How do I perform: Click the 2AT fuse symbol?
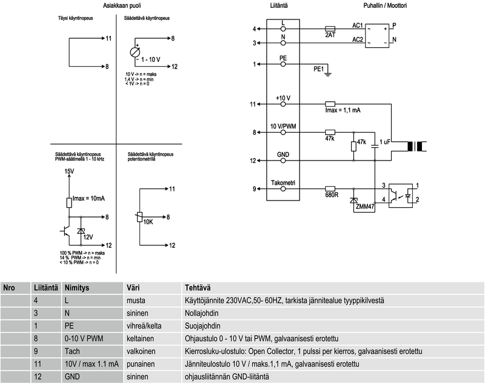330,28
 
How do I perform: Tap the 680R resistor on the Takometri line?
330,188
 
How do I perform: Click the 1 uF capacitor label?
386,142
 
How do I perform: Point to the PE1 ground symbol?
328,73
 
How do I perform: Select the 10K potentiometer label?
148,222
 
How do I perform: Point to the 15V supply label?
69,172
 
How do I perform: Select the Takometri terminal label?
283,183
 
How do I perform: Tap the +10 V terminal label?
283,98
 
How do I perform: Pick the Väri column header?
133,287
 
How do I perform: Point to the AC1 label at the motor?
358,25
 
